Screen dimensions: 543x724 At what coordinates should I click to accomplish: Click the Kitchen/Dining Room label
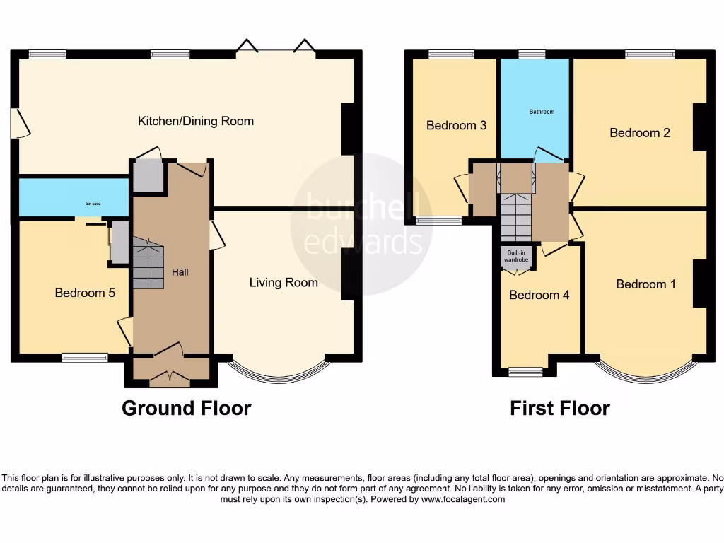coord(195,121)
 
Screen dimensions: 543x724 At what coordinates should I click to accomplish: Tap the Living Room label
coord(284,283)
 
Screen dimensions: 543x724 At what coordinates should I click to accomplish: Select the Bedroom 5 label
coord(85,292)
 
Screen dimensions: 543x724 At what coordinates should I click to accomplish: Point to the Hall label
coord(180,272)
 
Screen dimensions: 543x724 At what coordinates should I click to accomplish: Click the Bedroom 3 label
coord(456,125)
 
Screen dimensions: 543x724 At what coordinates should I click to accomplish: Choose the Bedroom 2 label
coord(640,132)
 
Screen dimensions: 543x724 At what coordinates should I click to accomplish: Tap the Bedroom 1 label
coord(646,284)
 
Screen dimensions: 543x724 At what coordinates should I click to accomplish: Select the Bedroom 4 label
coord(539,295)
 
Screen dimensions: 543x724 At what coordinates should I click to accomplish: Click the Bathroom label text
coord(542,112)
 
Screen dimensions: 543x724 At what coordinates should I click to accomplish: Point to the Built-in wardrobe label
coord(516,256)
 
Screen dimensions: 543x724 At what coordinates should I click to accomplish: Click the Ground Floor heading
coord(186,408)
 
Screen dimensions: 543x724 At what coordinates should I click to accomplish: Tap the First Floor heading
coord(559,408)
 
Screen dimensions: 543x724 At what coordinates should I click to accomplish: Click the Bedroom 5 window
coord(84,358)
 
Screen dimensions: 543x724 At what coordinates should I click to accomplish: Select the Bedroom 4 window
coord(525,371)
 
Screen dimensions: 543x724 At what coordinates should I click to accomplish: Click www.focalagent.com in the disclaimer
coord(463,499)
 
